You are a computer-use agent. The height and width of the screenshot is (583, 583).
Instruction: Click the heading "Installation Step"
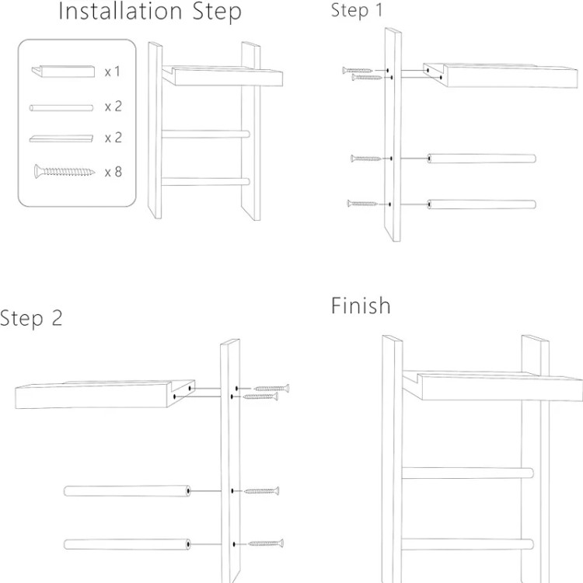150,12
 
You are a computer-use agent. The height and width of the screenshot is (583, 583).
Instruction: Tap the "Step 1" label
357,11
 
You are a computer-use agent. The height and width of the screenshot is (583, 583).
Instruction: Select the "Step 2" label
31,318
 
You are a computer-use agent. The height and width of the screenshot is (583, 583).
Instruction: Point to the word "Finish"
361,305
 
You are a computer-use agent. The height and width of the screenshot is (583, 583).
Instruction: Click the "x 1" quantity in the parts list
113,72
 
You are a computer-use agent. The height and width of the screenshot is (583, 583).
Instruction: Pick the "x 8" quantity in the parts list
113,172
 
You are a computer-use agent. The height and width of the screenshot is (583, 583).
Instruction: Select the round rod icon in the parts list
61,107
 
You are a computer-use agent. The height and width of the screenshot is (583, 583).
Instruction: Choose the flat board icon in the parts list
61,138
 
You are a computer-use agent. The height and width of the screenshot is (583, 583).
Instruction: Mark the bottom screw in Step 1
363,204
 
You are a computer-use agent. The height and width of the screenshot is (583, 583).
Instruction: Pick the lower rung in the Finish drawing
466,544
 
